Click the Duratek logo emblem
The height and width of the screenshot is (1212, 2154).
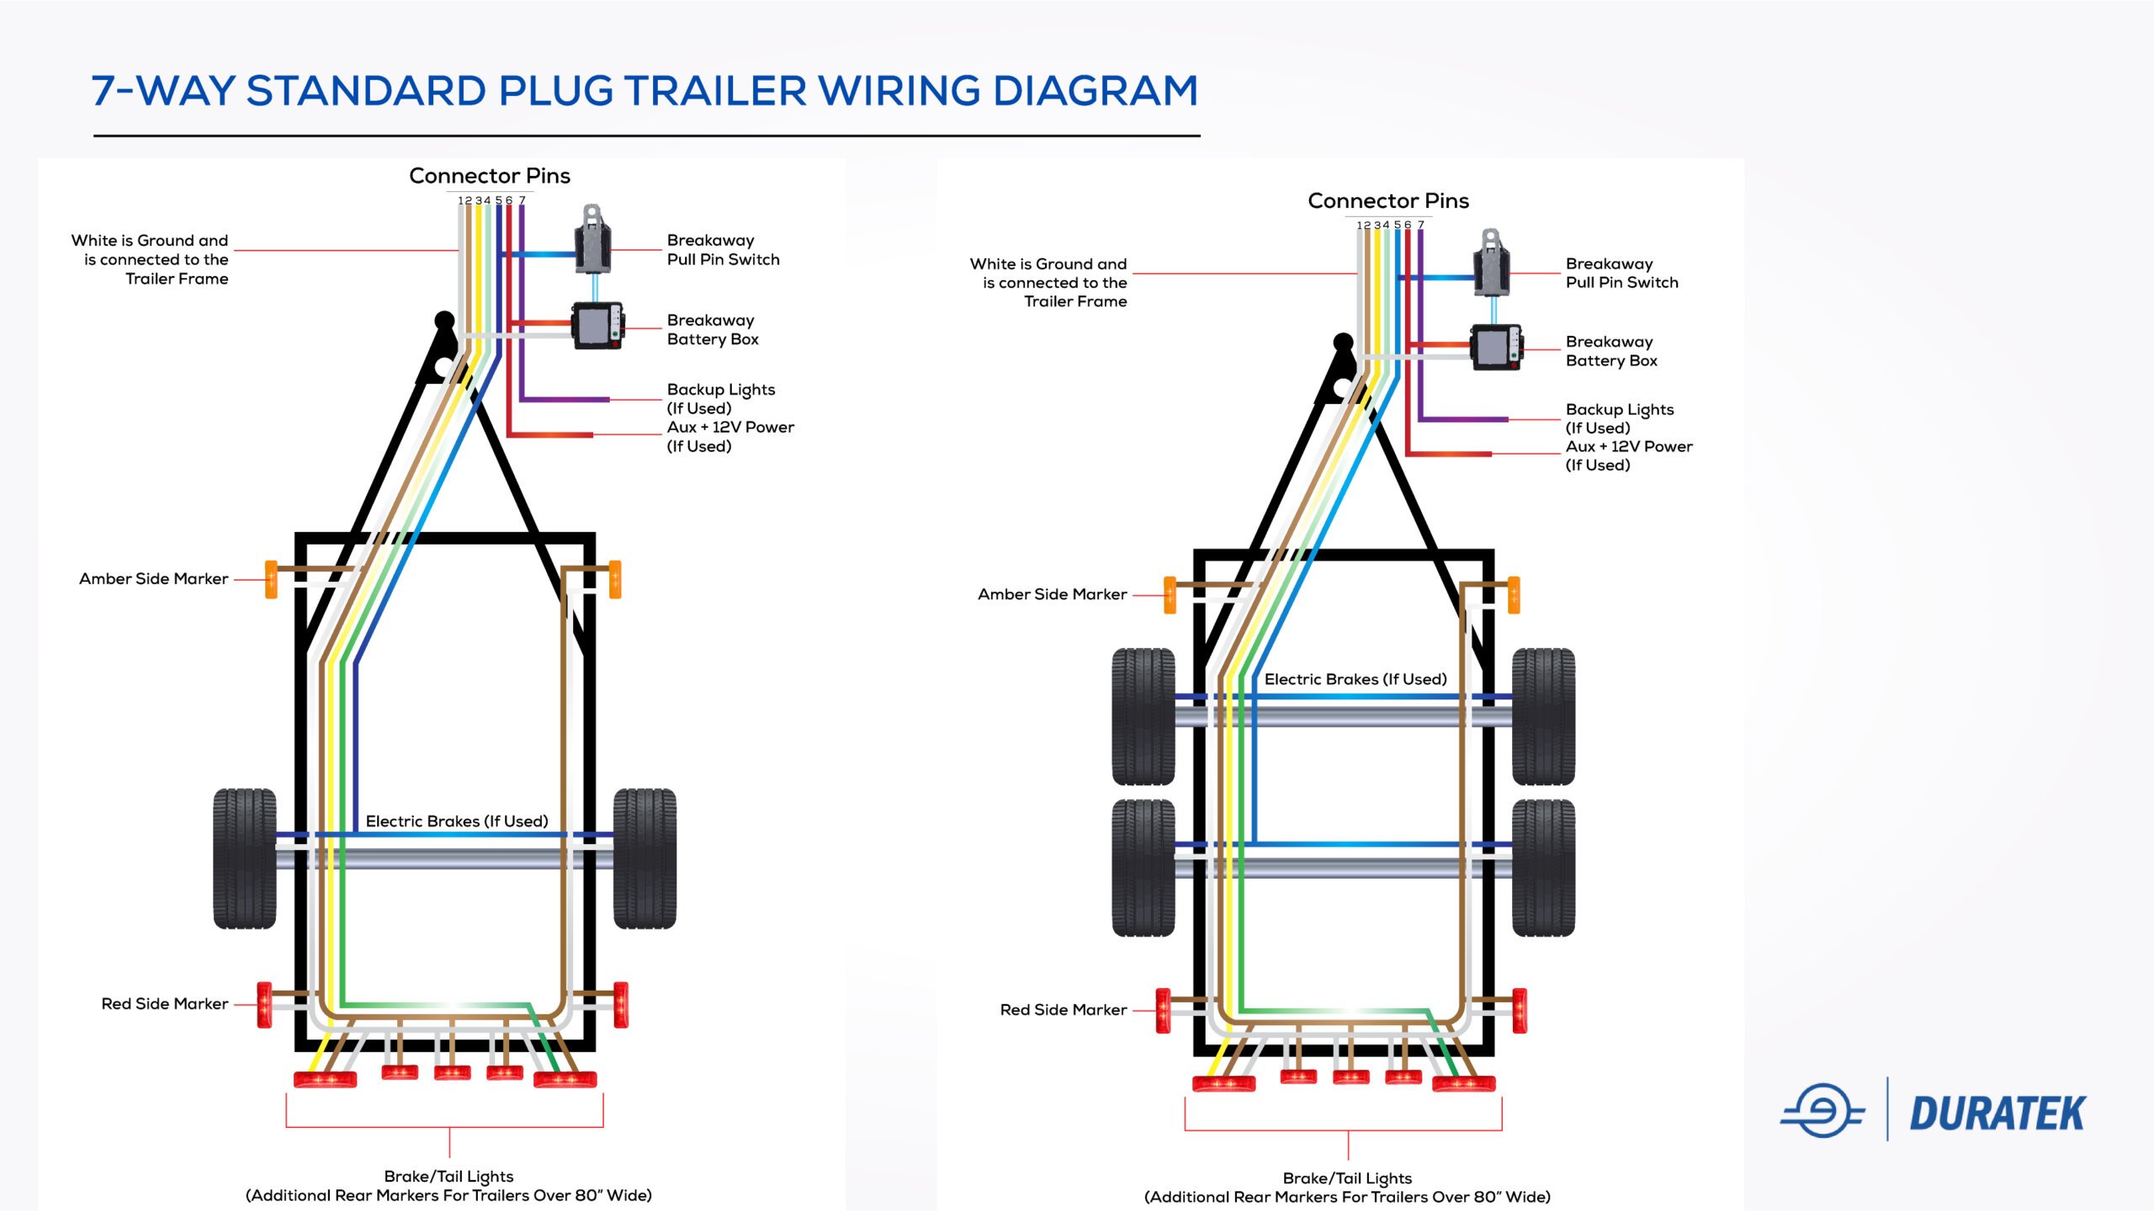[x=1822, y=1111]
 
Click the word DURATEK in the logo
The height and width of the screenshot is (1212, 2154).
[x=1997, y=1114]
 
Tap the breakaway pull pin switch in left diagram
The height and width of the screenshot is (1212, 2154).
[x=592, y=241]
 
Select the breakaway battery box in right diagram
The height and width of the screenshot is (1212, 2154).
[x=1494, y=347]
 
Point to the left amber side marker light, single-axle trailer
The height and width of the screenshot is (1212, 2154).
[x=271, y=579]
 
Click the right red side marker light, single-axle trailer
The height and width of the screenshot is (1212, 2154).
[x=621, y=1004]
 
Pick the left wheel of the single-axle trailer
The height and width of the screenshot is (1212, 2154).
[x=244, y=858]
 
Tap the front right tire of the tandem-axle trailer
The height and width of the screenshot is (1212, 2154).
[x=1543, y=716]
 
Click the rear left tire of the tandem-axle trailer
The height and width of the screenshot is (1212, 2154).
[x=1143, y=867]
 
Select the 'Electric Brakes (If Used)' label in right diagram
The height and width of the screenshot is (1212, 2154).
[x=1356, y=679]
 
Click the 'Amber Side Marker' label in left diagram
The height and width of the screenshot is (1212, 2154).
[x=153, y=579]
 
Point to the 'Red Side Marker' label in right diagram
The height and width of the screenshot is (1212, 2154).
[x=1063, y=1009]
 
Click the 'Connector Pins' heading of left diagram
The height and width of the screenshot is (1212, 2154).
[x=490, y=176]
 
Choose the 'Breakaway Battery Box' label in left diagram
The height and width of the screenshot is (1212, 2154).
[x=713, y=330]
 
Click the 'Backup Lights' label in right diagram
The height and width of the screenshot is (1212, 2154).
[x=1619, y=410]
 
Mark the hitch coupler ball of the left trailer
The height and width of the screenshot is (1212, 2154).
[x=444, y=321]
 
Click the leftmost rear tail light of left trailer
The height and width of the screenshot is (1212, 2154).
[x=325, y=1079]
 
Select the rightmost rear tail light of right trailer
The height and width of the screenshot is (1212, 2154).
[x=1463, y=1083]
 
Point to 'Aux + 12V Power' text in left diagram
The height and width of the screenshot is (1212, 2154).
[x=730, y=428]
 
